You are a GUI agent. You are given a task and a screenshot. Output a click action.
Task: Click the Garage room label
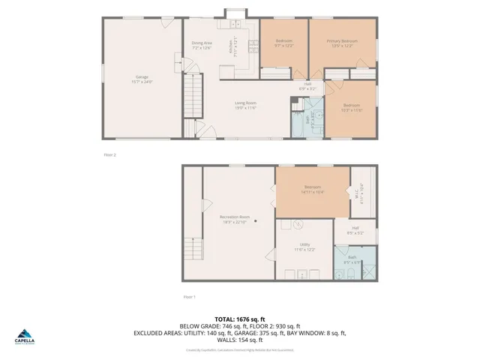[x=142, y=79]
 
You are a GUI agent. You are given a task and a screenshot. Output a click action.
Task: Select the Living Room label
[x=245, y=106]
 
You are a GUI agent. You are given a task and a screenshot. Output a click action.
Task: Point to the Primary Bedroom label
[x=345, y=43]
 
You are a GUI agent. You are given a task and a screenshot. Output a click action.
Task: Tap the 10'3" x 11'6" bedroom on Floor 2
[x=352, y=107]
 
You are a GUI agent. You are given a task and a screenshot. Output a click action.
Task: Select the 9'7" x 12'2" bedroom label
[x=284, y=42]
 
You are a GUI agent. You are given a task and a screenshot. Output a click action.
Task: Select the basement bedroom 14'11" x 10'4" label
[x=312, y=189]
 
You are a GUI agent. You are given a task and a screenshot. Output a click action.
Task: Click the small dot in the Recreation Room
[x=255, y=221]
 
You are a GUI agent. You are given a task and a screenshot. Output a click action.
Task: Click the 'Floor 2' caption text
[x=109, y=154]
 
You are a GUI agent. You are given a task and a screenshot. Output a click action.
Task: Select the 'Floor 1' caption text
[x=189, y=297]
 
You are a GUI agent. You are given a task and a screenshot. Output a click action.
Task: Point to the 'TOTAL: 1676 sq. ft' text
[x=239, y=319]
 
